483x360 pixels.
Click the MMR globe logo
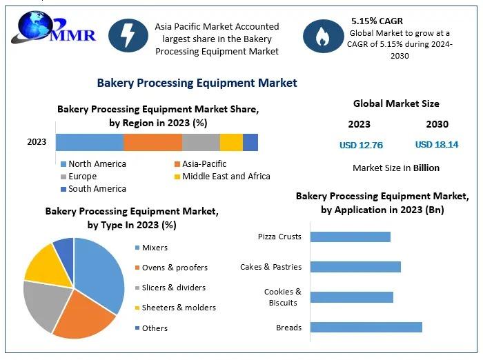coord(53,28)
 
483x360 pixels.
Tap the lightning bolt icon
coord(128,35)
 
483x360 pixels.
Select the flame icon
coord(323,36)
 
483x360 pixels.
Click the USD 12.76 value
coord(361,145)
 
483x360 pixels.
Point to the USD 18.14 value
coord(437,144)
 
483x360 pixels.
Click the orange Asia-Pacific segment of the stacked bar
coord(152,142)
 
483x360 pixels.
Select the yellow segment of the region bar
coord(231,142)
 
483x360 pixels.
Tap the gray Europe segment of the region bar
coord(201,142)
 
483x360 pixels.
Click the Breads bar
coord(366,328)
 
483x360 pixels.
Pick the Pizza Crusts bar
coord(351,237)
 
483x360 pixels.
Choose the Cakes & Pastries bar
coord(355,267)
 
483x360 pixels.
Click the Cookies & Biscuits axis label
coord(283,297)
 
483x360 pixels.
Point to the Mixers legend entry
coord(152,248)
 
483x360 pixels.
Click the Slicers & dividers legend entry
coord(170,288)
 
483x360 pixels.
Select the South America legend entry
coord(94,189)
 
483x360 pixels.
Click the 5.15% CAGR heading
coord(377,21)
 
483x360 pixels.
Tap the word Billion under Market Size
coord(426,168)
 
